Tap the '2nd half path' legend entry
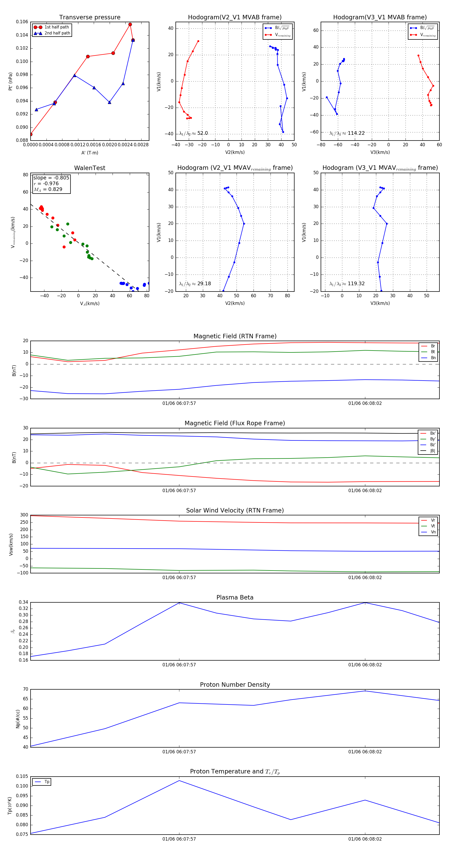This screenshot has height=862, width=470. pyautogui.click(x=57, y=33)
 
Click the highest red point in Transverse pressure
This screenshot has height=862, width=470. pyautogui.click(x=130, y=25)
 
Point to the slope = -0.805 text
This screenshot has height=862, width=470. pyautogui.click(x=51, y=178)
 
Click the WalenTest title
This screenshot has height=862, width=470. pyautogui.click(x=90, y=168)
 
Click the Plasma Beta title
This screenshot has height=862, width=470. pyautogui.click(x=235, y=597)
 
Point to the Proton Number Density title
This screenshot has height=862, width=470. pyautogui.click(x=235, y=685)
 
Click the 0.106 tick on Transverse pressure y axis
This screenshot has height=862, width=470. pyautogui.click(x=22, y=22)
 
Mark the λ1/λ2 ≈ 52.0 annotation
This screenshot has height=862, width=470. pyautogui.click(x=193, y=133)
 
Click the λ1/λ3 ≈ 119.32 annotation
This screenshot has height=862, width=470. pyautogui.click(x=347, y=284)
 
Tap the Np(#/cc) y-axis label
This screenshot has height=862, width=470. pyautogui.click(x=18, y=719)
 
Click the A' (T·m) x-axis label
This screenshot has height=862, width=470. pyautogui.click(x=90, y=153)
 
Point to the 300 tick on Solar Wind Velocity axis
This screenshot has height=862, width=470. pyautogui.click(x=24, y=515)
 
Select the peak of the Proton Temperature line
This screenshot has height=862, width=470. pyautogui.click(x=179, y=781)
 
